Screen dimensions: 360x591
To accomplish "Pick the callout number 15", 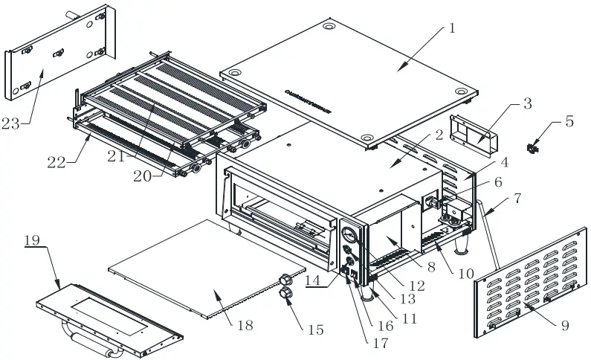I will pyautogui.click(x=317, y=329).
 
